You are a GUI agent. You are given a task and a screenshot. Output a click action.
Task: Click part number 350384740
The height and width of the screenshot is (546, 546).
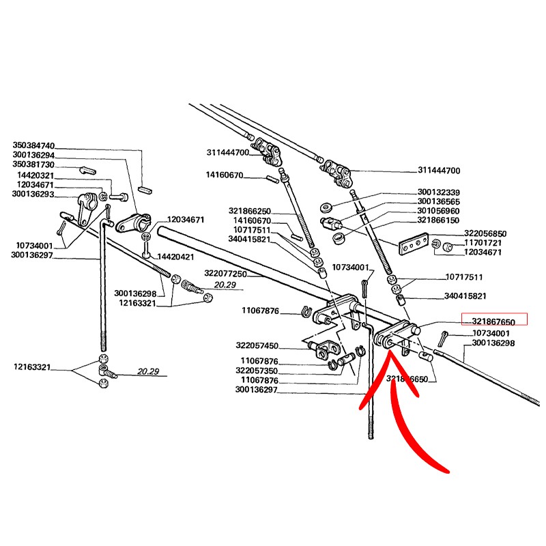point(33,146)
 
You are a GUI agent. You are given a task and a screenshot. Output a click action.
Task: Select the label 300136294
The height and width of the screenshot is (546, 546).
point(33,156)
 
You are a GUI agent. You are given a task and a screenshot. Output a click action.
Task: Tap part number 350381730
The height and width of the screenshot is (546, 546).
point(33,166)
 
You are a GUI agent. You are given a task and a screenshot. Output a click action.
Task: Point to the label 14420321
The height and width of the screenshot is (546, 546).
point(36,175)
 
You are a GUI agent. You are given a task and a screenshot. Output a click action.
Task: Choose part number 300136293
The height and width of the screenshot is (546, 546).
point(33,195)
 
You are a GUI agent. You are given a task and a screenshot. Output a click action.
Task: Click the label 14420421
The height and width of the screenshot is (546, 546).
point(176,257)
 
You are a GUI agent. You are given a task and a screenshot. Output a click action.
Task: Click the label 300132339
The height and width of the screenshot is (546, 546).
point(439,192)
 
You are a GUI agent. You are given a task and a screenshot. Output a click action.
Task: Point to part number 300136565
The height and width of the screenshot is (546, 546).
point(439,202)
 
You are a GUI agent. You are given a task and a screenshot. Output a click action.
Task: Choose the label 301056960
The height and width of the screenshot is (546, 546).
point(439,212)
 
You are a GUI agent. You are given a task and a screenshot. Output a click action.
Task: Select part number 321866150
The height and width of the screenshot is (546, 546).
point(439,221)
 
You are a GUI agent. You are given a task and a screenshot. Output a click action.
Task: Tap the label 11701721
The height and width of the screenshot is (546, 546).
point(483,243)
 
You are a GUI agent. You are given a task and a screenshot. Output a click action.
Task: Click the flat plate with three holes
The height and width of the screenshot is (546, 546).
point(412,244)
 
